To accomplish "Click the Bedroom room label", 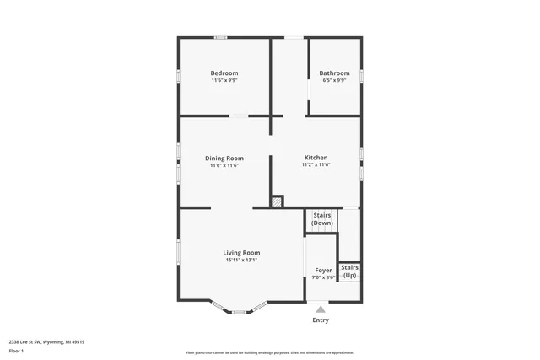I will click(224, 73).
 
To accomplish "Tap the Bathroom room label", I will click(334, 73).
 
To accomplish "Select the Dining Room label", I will click(224, 158).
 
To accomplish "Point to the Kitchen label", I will click(316, 158).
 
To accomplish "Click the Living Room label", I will click(241, 253).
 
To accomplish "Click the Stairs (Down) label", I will click(322, 219).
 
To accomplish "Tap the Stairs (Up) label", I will click(349, 271).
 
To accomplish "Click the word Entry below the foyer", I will click(321, 320).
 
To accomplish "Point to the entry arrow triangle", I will click(321, 309).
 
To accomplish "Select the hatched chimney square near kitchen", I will click(277, 201).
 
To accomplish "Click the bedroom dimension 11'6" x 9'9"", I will click(224, 81).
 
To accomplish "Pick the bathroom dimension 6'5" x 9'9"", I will click(334, 81).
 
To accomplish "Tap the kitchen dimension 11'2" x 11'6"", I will click(316, 165).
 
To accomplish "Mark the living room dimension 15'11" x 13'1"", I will click(241, 261).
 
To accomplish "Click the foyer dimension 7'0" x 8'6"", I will click(323, 277).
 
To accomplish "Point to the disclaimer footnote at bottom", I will click(270, 352).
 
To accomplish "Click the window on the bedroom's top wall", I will click(220, 37).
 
